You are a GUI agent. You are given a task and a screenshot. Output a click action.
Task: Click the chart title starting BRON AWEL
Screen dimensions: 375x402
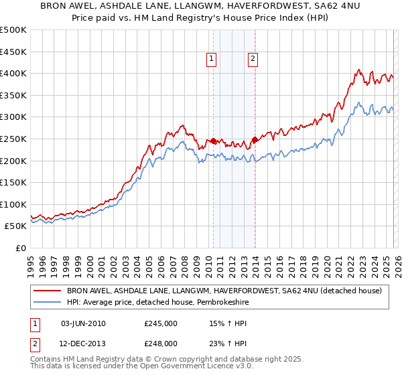(201, 8)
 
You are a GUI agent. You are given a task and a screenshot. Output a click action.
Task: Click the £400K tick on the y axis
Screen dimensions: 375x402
(14, 73)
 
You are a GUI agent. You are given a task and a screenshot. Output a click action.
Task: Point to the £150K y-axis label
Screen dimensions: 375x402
(14, 182)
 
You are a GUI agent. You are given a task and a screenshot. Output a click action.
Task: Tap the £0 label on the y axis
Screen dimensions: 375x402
(21, 248)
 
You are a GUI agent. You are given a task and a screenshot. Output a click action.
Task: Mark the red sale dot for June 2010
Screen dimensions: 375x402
(213, 141)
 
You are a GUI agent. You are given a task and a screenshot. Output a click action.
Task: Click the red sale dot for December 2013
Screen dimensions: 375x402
(255, 139)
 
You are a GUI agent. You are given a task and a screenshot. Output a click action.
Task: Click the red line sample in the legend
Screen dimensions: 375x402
(48, 291)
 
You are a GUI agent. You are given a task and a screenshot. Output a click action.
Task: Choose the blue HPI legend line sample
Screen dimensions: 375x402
(48, 303)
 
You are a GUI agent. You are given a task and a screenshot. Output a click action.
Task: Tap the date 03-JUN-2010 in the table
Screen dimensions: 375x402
(83, 323)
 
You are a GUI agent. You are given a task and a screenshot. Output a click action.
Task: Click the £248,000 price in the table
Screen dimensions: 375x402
(161, 344)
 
